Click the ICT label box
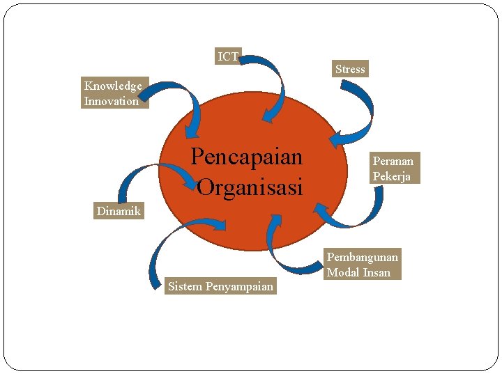228,56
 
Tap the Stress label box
350,69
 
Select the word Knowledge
113,86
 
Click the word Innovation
112,101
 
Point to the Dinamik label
119,211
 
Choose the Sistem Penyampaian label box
220,286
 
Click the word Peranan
393,161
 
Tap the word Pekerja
391,176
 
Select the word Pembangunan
363,257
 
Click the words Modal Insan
358,272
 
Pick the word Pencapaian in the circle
247,157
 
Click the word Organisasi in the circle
250,187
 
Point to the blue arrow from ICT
273,77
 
